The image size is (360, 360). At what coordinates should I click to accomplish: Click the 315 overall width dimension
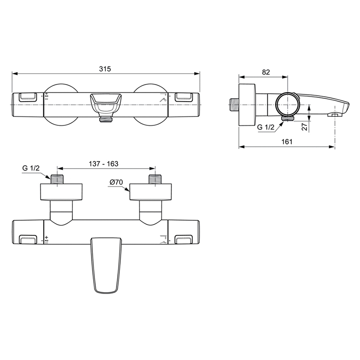pos(105,69)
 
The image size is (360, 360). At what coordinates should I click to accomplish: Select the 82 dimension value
pos(266,72)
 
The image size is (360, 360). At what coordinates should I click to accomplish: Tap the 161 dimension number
pos(287,142)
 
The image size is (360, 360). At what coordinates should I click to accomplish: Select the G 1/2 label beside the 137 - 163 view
pos(31,168)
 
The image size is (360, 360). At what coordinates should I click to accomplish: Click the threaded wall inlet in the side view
pos(234,104)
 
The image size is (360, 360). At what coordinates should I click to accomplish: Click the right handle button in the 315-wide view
pos(183,97)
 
